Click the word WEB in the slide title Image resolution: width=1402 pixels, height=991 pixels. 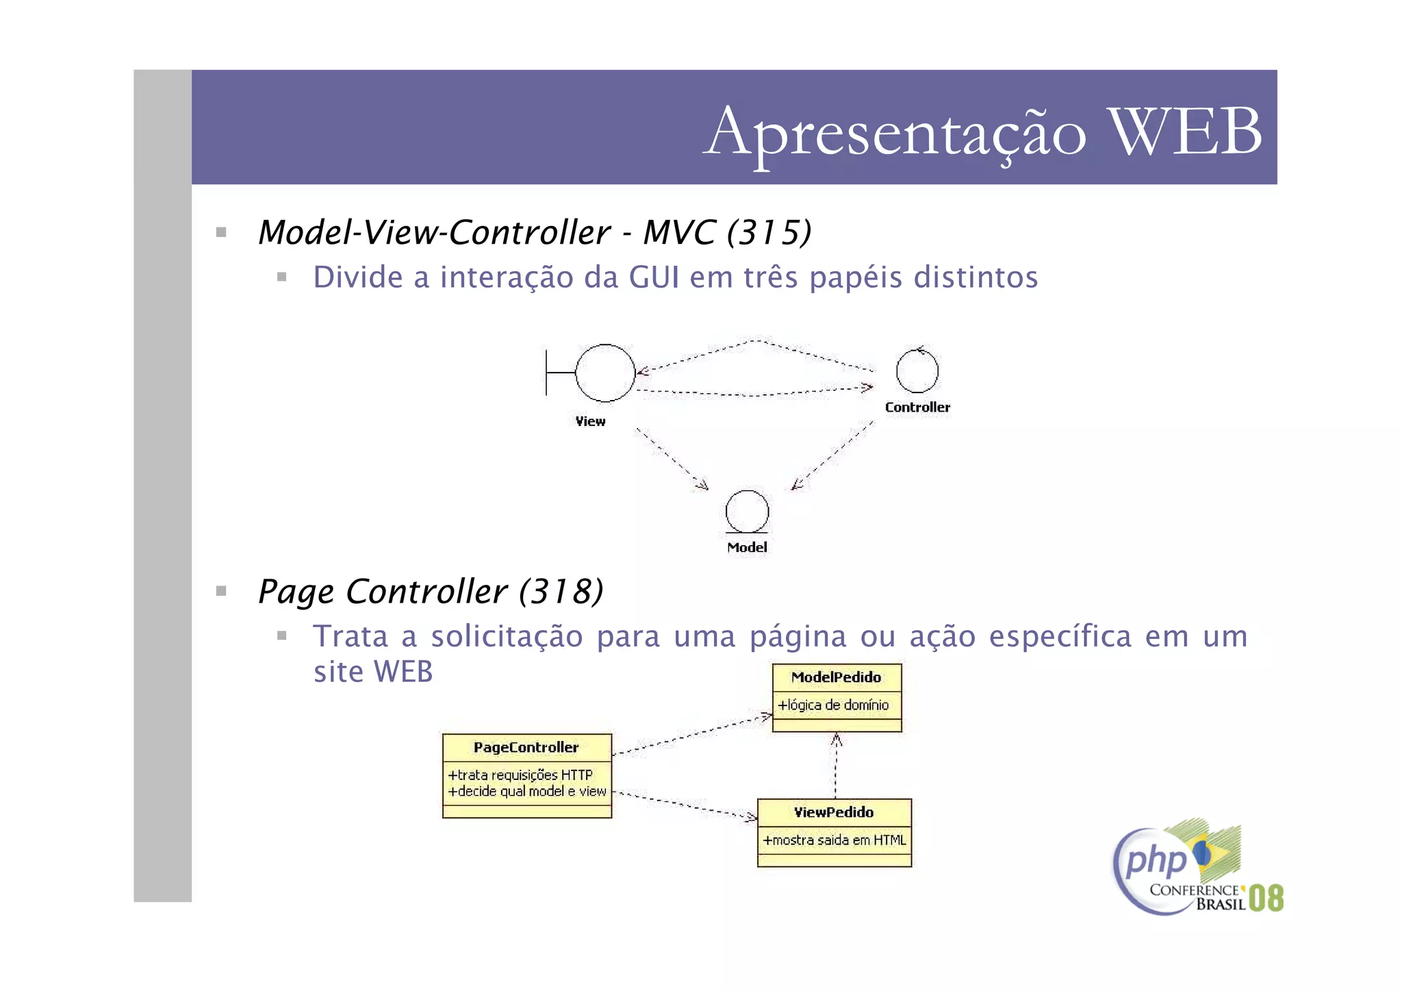1185,131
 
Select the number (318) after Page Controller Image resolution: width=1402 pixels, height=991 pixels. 561,591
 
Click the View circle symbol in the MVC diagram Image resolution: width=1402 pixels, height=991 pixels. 605,373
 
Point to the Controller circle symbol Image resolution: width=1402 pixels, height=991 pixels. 917,371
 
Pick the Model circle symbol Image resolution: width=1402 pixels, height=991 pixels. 747,512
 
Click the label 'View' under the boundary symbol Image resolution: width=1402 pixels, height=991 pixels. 590,421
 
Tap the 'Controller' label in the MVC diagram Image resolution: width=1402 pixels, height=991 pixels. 917,407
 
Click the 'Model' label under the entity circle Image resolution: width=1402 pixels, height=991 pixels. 747,547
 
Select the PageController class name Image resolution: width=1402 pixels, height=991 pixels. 526,747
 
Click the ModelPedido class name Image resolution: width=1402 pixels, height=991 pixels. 836,677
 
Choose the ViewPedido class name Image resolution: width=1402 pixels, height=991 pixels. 834,812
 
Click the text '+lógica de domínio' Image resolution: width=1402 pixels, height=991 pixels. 833,705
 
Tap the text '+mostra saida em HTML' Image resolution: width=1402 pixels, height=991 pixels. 834,840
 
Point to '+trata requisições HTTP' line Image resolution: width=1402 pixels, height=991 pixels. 520,775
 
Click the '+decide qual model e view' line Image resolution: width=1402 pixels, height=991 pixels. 527,792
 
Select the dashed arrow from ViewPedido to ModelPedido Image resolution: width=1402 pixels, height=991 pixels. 836,767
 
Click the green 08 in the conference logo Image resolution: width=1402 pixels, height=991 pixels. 1266,898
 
